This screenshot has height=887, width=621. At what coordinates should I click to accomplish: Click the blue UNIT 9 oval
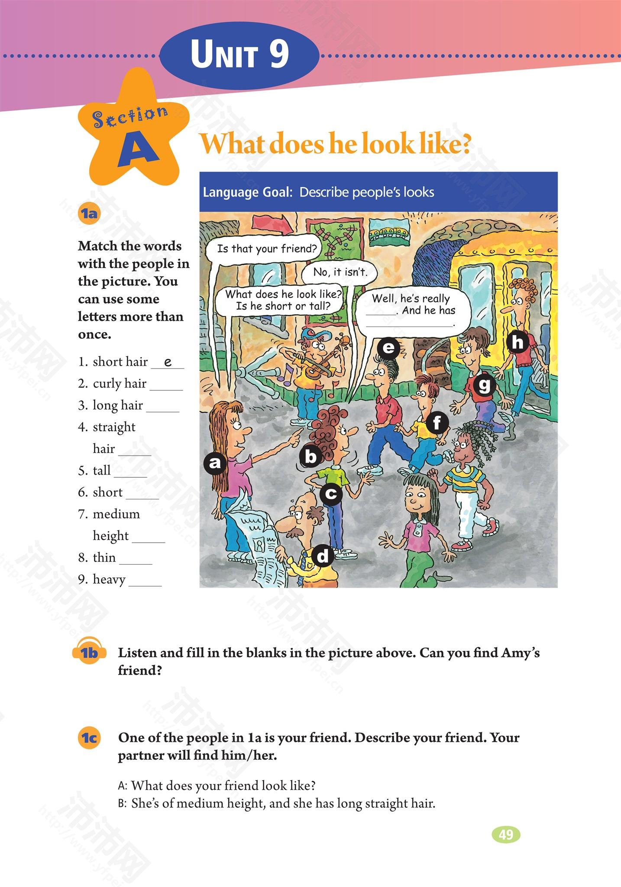click(x=239, y=55)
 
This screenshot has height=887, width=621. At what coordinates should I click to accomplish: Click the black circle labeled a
click(x=215, y=463)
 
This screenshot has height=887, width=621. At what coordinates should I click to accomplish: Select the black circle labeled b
click(x=311, y=456)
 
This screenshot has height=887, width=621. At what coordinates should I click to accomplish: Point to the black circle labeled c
click(x=331, y=493)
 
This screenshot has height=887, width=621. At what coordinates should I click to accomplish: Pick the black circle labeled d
click(x=323, y=556)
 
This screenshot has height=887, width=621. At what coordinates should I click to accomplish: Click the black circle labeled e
click(x=388, y=347)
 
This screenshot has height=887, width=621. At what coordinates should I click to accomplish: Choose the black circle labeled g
click(x=484, y=385)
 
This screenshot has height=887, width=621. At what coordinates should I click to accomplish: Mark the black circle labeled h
click(x=518, y=343)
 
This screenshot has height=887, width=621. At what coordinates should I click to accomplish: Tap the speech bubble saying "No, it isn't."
click(x=340, y=272)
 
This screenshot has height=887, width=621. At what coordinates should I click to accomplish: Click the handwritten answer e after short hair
click(x=168, y=362)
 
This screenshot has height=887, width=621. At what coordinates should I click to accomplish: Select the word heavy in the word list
click(x=109, y=579)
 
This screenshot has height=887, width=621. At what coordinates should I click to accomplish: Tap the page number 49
click(x=506, y=835)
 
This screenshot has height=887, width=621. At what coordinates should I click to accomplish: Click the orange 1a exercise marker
click(x=89, y=214)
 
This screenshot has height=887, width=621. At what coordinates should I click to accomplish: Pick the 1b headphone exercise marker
click(x=90, y=652)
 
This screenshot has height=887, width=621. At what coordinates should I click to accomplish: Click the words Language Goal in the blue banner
click(x=248, y=192)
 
